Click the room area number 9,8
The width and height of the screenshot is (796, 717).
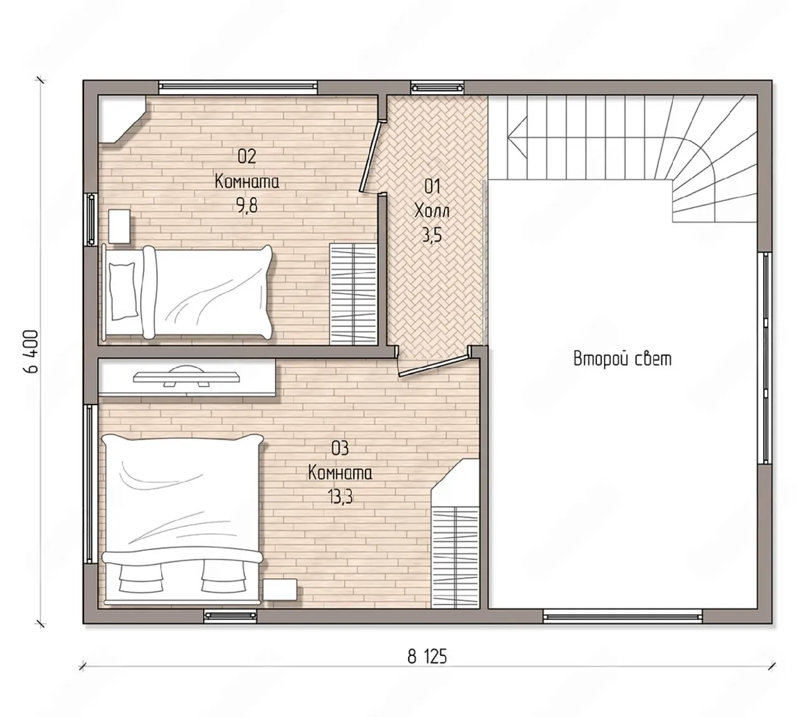247,206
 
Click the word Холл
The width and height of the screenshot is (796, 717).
432,211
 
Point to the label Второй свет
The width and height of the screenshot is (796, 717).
622,359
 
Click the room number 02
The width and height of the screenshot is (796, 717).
247,156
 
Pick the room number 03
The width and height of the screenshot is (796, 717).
340,449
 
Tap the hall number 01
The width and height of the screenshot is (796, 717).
432,186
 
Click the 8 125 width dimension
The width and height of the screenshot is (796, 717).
427,657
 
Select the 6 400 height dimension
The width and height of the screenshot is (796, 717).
30,351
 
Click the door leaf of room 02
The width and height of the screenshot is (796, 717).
370,156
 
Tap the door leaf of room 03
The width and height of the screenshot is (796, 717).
433,365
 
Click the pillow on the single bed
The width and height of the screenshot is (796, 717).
123,291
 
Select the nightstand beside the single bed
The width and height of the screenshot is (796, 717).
119,227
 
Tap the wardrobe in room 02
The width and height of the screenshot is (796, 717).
353,294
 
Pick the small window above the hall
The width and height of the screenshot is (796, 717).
437,87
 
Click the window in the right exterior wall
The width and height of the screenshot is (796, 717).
765,358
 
